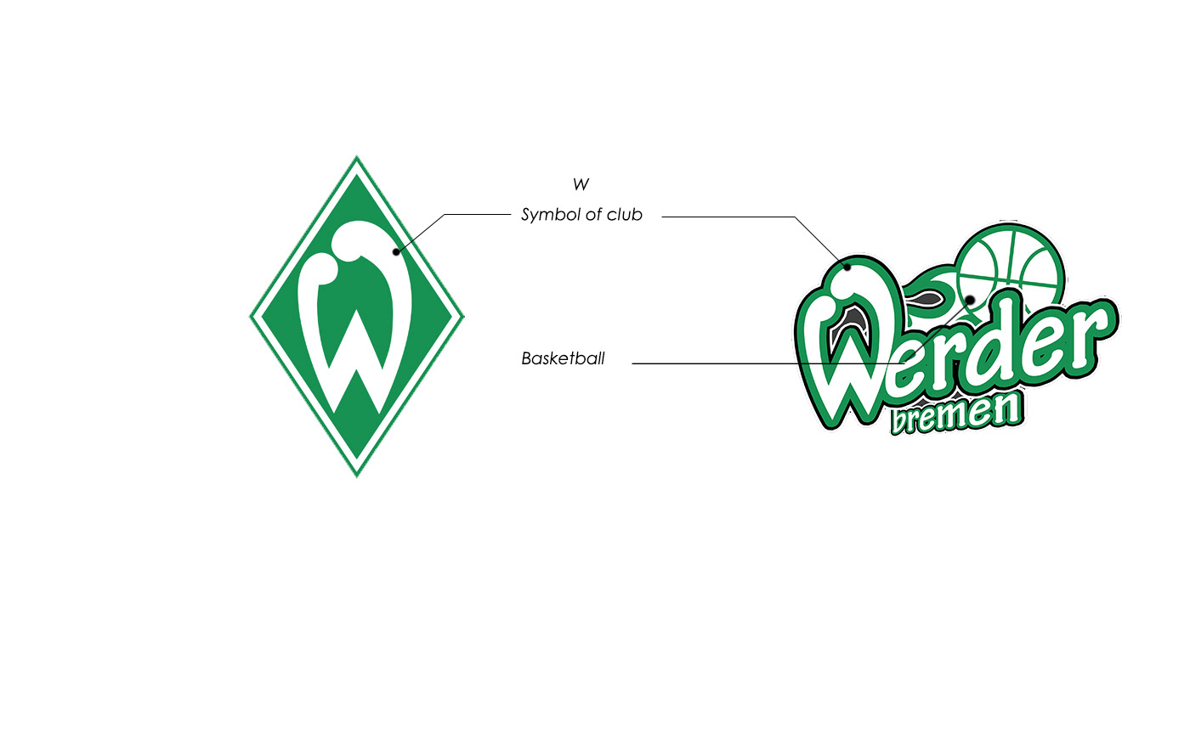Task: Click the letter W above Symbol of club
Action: click(x=581, y=184)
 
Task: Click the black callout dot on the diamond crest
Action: click(x=396, y=251)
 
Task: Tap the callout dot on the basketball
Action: click(x=969, y=300)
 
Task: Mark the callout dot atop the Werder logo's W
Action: click(x=847, y=267)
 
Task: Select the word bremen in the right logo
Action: click(x=955, y=415)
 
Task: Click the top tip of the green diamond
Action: click(x=357, y=159)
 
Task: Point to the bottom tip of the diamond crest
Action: click(x=357, y=474)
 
